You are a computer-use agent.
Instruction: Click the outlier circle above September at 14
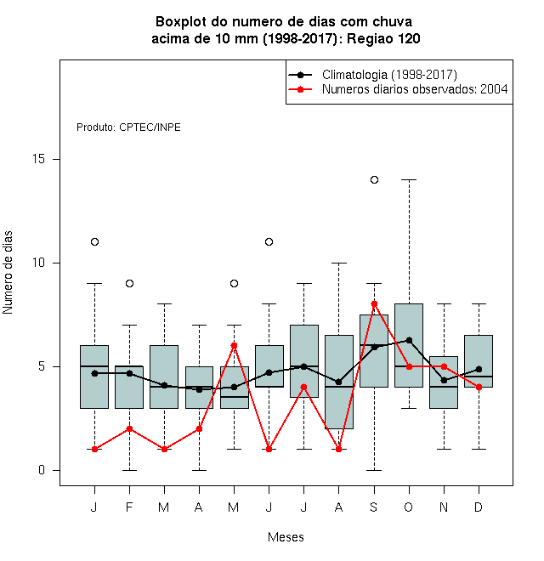(x=374, y=179)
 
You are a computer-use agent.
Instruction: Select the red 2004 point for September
(x=374, y=303)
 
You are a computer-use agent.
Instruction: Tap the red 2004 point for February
(x=129, y=428)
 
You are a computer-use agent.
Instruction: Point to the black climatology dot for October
(x=409, y=340)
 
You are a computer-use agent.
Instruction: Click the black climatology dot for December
(x=479, y=369)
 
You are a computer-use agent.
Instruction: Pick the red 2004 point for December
(x=479, y=387)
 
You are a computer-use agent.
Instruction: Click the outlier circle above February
(x=129, y=283)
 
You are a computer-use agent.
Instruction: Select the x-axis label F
(x=129, y=507)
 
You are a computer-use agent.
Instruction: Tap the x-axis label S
(x=374, y=507)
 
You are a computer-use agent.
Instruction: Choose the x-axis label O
(x=408, y=507)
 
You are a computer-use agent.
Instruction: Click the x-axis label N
(x=444, y=507)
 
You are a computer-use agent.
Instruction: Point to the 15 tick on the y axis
(x=38, y=159)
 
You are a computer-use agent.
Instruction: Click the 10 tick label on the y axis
(x=38, y=263)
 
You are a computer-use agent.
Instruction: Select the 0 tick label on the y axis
(x=42, y=470)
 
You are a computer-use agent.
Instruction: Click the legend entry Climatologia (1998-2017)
(x=389, y=75)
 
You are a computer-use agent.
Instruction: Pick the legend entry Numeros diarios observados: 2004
(x=415, y=89)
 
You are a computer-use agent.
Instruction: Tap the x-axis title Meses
(x=286, y=537)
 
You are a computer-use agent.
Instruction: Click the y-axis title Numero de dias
(x=8, y=273)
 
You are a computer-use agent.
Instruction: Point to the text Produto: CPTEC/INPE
(x=128, y=127)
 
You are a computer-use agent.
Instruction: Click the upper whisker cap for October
(x=409, y=179)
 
